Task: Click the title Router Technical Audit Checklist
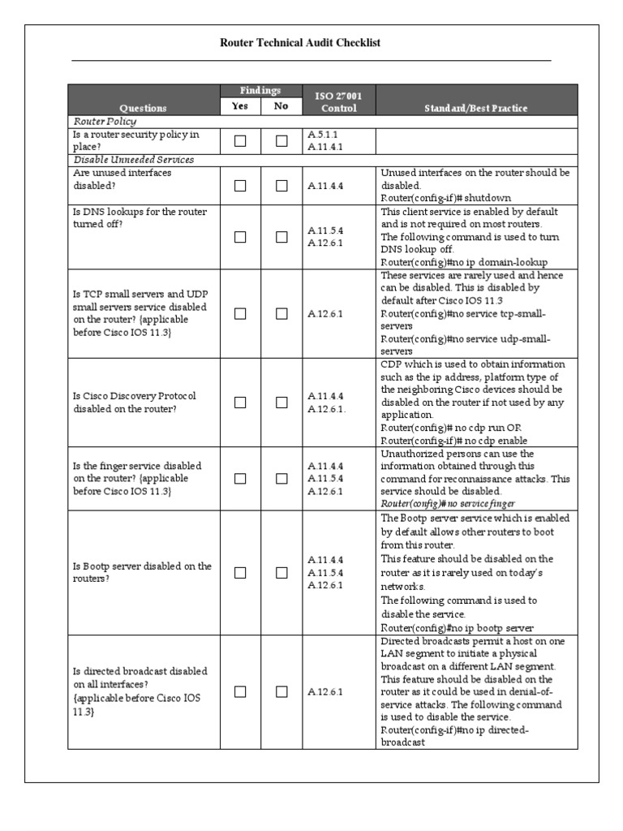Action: click(x=300, y=43)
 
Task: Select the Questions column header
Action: click(x=143, y=108)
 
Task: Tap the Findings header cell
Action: click(x=260, y=91)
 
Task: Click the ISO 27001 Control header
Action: click(x=338, y=101)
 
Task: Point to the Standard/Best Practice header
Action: click(x=476, y=108)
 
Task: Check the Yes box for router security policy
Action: click(x=240, y=141)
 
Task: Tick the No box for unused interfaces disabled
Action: click(x=281, y=186)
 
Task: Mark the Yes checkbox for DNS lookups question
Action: click(x=240, y=237)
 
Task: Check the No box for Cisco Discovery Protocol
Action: click(x=281, y=403)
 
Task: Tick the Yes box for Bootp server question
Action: click(x=240, y=572)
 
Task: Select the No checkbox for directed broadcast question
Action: click(x=281, y=691)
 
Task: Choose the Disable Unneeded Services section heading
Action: click(x=133, y=160)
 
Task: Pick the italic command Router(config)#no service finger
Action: click(x=448, y=504)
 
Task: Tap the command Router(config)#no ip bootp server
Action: click(x=458, y=628)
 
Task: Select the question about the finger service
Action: click(x=137, y=479)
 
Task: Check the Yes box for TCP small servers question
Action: click(x=240, y=313)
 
